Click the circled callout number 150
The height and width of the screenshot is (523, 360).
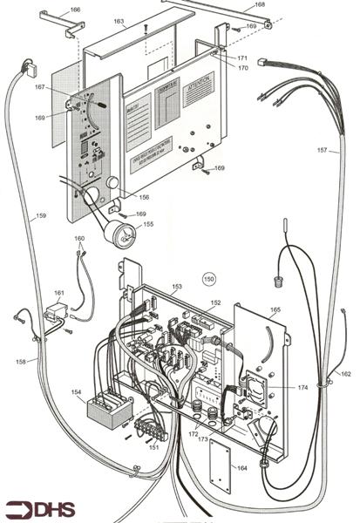209,279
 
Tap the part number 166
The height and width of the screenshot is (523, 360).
75,10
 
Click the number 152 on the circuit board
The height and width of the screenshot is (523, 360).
216,302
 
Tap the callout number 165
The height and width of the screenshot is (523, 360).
275,309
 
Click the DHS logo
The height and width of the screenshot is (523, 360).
38,508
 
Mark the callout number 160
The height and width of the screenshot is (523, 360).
79,238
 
